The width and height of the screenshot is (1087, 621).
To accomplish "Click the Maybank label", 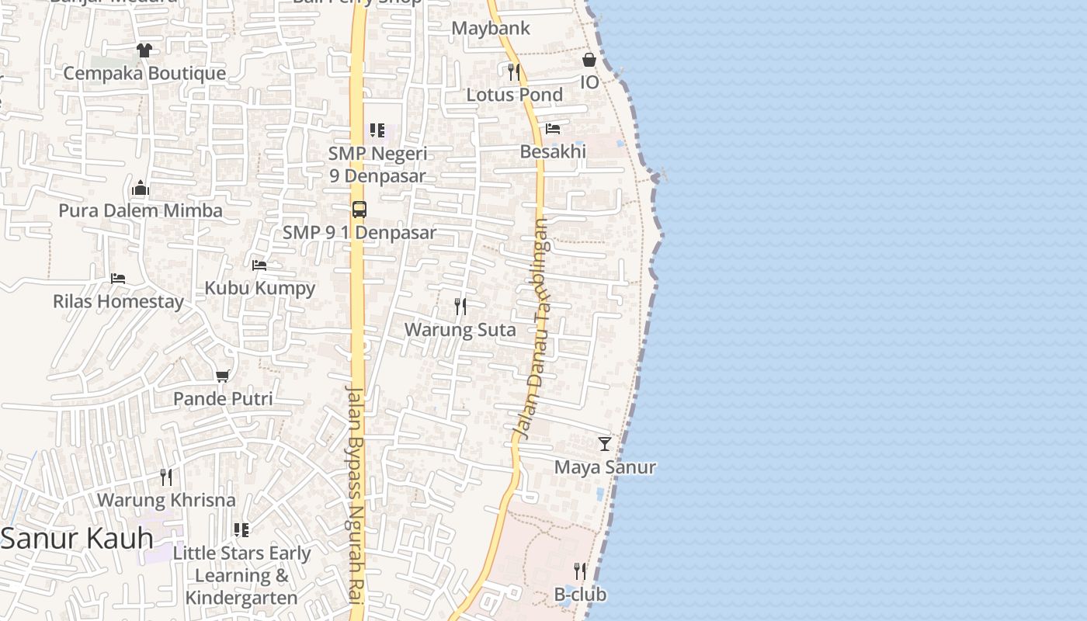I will coord(491,29).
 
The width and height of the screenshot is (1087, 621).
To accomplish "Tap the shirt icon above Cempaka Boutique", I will coord(144,50).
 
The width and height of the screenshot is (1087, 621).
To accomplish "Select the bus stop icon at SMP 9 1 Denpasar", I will coord(359,210).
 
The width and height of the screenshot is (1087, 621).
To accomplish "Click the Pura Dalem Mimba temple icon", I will coord(141,188).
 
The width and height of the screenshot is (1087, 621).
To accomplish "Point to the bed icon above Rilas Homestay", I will coord(118,278).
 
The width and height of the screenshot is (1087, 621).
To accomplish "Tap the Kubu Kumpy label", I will coord(259,288).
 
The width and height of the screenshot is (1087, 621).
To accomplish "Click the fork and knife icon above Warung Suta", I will coord(460,307).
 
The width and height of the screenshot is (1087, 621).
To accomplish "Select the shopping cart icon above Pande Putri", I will coord(223,376).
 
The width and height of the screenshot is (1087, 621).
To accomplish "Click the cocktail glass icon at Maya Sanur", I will coord(605,444).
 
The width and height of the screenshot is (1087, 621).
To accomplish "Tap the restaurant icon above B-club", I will coord(580,571).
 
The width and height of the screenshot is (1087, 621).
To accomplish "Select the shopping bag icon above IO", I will coord(589,60).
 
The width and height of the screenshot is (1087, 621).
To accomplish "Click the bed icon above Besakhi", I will coord(553,129).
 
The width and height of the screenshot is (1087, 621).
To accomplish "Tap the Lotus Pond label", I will coord(514,95).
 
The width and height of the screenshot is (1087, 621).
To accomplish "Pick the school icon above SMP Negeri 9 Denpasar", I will coord(377,130).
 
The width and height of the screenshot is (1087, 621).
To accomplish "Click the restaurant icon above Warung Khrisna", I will coord(166,477).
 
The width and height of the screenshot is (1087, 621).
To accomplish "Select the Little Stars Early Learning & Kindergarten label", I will coord(241,575).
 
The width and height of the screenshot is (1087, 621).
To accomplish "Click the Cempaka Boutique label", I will coord(144,74).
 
